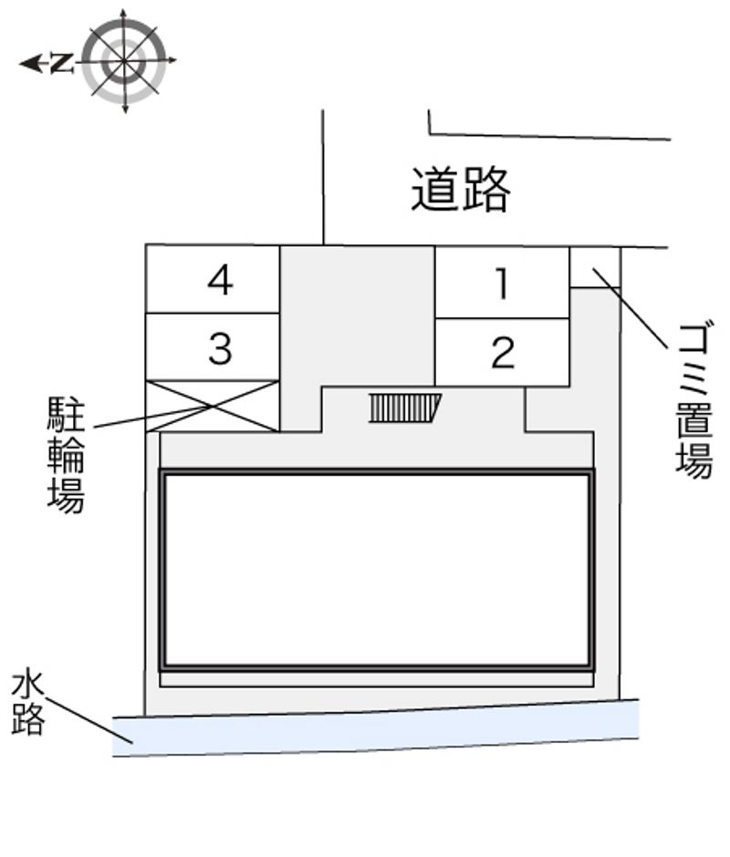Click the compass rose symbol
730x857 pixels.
124,62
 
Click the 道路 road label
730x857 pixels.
460,190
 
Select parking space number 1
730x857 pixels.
502,284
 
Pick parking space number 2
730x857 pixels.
502,353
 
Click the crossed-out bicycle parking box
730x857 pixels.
213,407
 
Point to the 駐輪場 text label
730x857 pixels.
66,453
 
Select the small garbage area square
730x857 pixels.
595,267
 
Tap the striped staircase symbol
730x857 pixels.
404,408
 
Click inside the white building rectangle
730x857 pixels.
377,570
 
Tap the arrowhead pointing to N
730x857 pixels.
29,63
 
